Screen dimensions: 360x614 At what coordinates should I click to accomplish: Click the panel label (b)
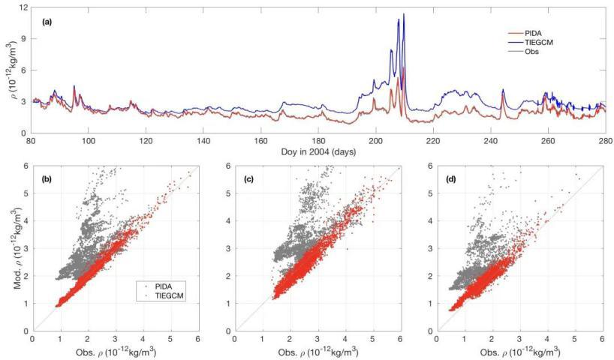tap(46, 181)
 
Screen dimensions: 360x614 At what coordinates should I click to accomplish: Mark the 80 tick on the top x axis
tap(31, 140)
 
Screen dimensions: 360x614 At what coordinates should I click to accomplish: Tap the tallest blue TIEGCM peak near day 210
tap(404, 14)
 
